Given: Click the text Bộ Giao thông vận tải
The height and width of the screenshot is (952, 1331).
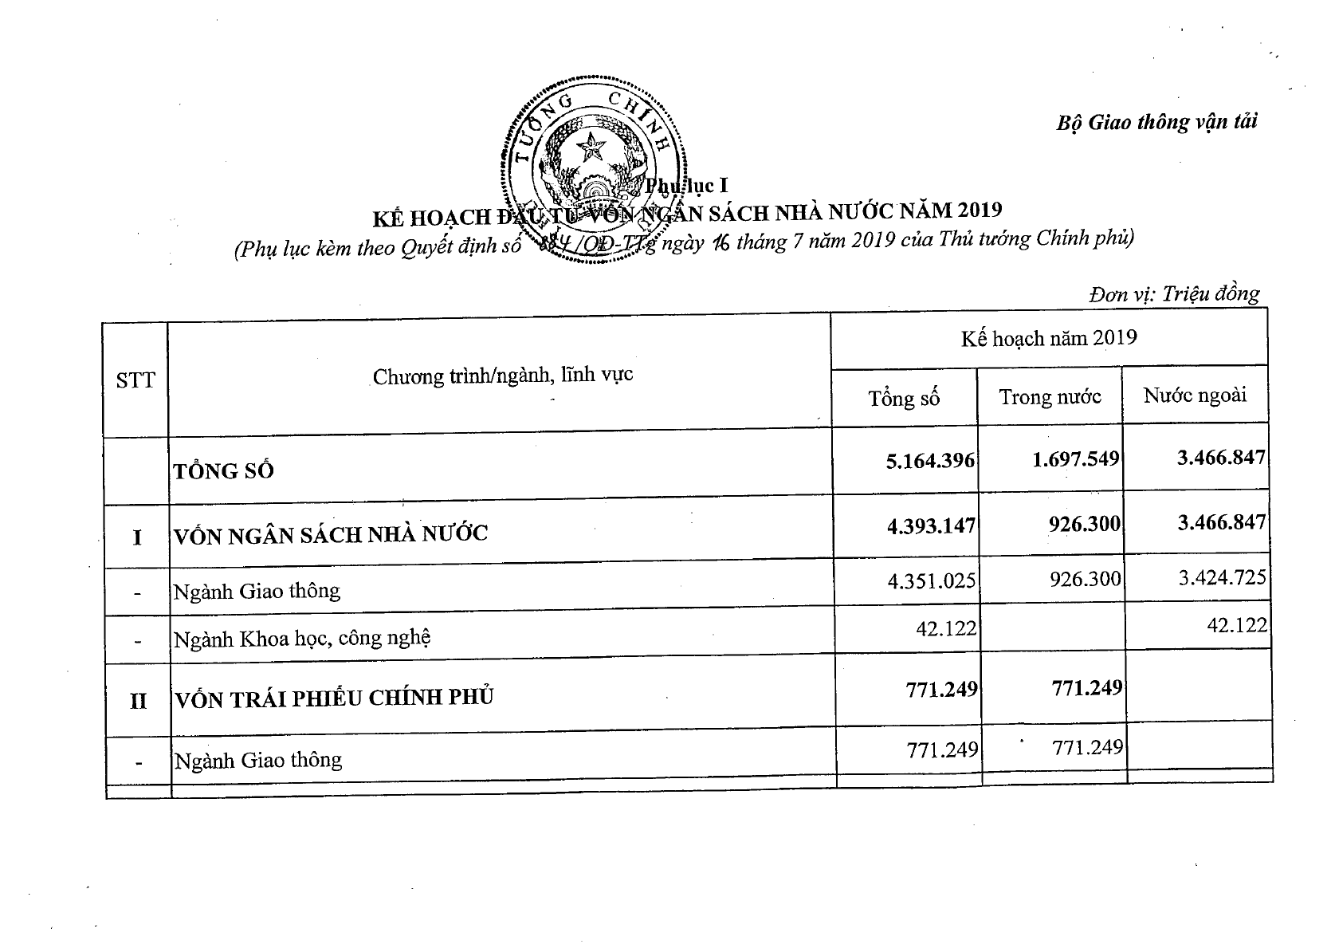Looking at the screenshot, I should point(1156,122).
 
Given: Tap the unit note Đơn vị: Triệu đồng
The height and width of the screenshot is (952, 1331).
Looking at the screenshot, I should point(1174,294).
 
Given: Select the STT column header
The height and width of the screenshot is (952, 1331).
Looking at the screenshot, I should point(135,380).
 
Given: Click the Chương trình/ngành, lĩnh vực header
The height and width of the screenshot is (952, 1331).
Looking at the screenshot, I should point(503,375).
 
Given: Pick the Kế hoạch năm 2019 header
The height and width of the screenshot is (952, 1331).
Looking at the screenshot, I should point(1048,338).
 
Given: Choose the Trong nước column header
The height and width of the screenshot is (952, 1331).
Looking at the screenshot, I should point(1050,396).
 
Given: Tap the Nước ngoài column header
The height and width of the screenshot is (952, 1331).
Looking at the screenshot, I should point(1195,395).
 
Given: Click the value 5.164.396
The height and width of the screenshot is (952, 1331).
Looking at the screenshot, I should point(930,461).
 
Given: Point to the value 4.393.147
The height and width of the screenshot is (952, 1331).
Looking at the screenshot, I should point(930,525).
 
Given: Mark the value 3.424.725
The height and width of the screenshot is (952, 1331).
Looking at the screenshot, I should point(1222,576).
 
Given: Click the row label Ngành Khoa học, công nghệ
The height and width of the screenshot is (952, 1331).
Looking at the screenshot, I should point(303,638).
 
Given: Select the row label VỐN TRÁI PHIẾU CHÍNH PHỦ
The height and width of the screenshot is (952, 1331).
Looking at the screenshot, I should point(334,697).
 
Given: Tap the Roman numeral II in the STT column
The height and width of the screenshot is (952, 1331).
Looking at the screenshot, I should point(138,702).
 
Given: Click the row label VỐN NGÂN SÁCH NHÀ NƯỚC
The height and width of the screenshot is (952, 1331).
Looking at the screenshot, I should point(331,533).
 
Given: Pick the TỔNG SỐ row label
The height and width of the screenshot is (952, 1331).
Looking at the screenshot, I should point(224,470).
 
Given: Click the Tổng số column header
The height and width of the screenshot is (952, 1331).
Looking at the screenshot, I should point(904,398).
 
